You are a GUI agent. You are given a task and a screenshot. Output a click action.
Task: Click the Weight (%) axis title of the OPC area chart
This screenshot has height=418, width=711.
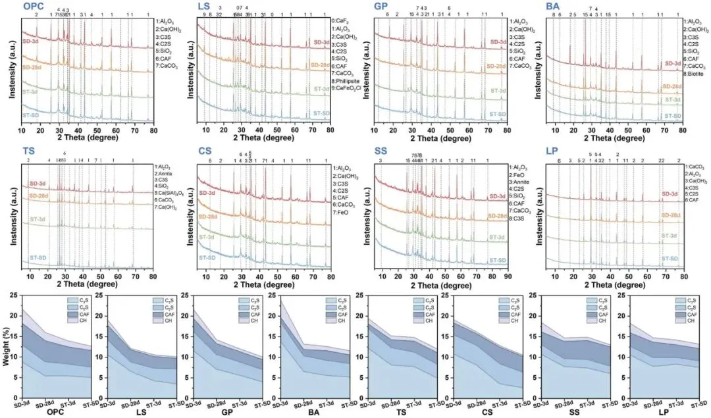click(6, 346)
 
